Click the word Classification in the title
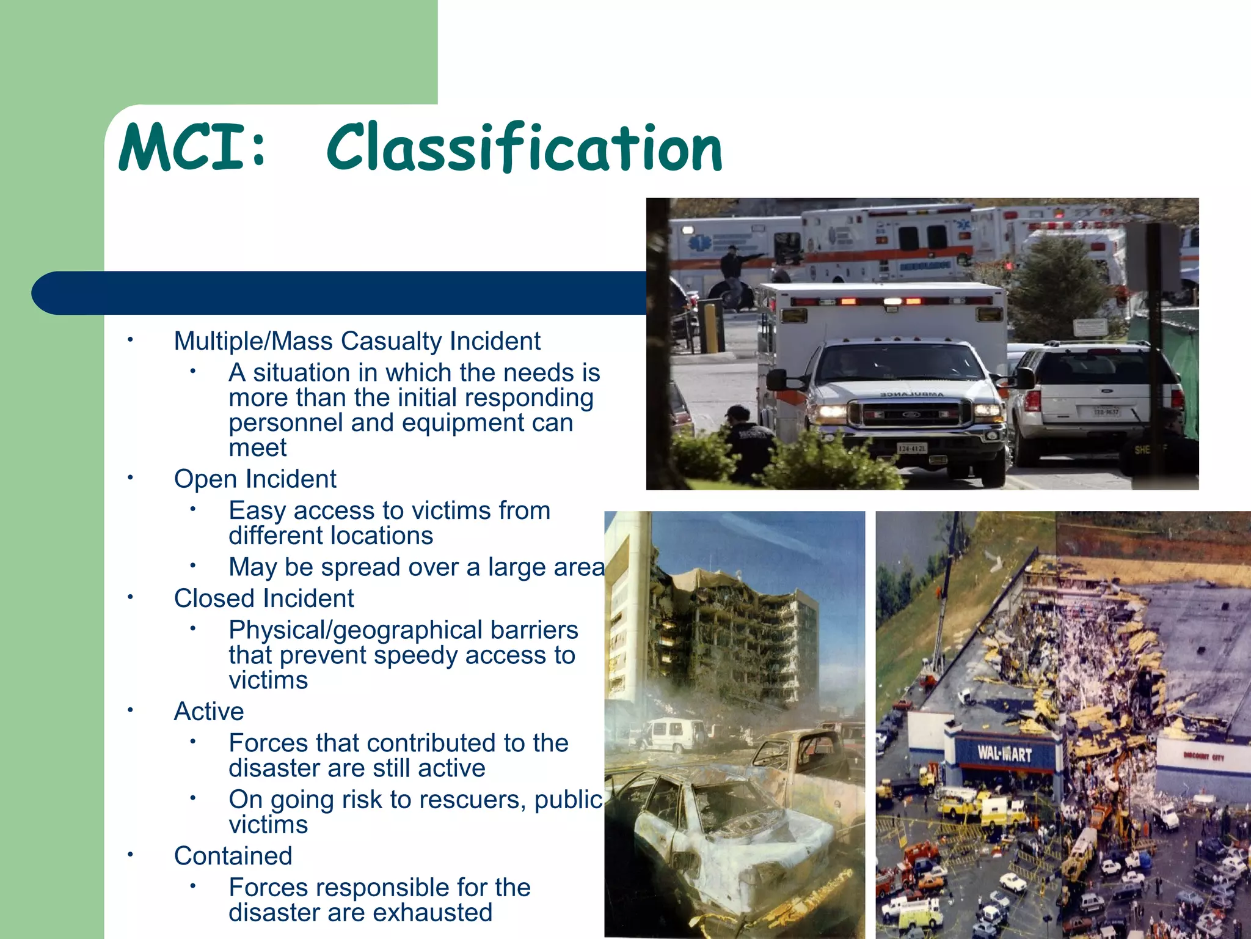pos(524,149)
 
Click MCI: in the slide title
pos(192,149)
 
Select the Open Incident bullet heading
pos(255,479)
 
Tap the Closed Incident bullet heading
pos(263,598)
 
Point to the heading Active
pos(209,712)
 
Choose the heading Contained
pos(233,856)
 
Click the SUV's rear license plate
pos(1106,411)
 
